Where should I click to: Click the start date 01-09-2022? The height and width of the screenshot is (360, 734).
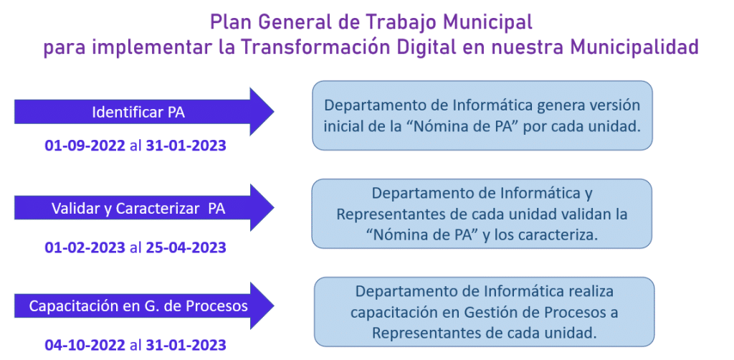[x=85, y=146]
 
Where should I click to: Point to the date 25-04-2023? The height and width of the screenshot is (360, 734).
[x=186, y=247]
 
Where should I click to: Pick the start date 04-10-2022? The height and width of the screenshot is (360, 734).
[x=85, y=346]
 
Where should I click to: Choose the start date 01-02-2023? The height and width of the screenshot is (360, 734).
[x=85, y=247]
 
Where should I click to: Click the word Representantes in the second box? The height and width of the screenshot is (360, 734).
[x=385, y=214]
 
